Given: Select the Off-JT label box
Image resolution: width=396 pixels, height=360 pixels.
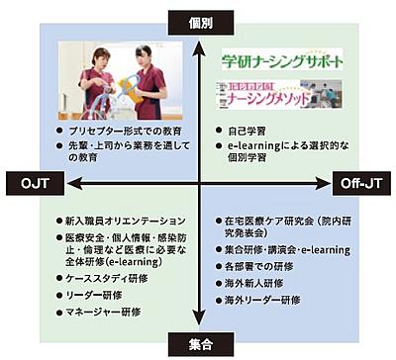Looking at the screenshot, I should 362,184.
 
